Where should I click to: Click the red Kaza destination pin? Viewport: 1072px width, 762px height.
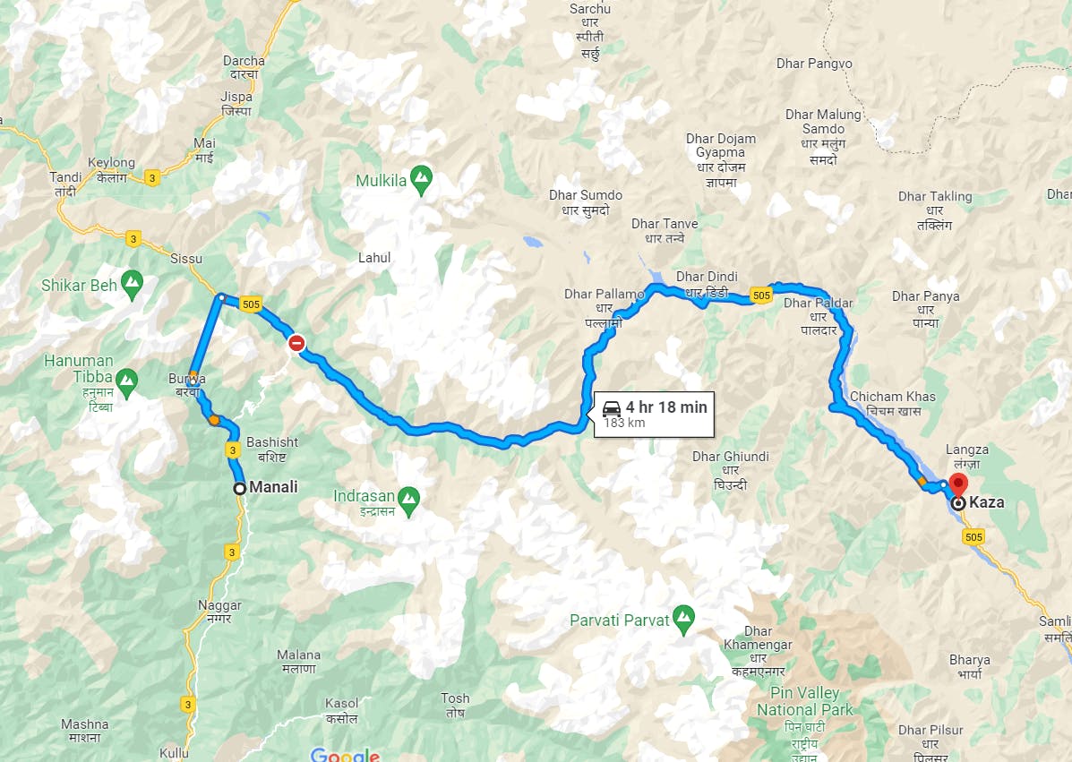coord(957,485)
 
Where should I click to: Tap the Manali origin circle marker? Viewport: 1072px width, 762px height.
coord(239,488)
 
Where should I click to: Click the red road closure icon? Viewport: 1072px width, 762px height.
coord(296,343)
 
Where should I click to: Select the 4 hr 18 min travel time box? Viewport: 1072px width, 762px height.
coord(654,414)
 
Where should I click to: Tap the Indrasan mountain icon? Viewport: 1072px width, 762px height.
coord(408,496)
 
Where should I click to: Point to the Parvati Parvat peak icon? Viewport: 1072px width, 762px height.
coord(684,616)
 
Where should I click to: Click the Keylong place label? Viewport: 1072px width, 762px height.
coord(112,163)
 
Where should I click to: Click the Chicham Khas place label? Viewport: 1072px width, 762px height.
coord(892,397)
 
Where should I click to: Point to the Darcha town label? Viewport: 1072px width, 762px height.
coord(244,62)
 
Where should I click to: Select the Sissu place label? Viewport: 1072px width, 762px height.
coord(185,259)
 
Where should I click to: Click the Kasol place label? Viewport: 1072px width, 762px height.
coord(342,703)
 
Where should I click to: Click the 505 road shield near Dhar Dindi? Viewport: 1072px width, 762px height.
coord(761,295)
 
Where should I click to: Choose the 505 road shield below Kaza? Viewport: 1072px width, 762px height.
coord(974,536)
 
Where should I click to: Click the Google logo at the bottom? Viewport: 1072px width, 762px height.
coord(345,755)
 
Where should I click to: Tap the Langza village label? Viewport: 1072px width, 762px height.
coord(966,449)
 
